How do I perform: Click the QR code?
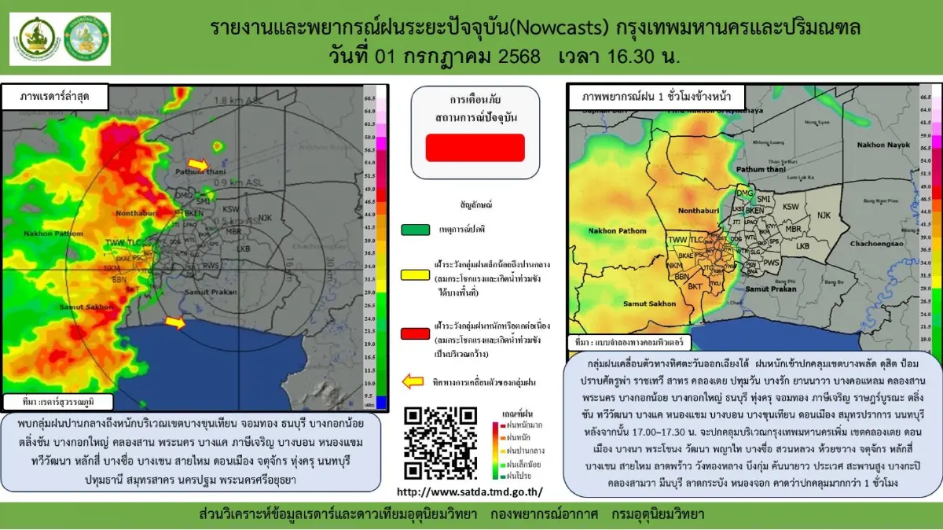pos(440,443)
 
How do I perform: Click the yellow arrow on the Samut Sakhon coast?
pos(175,322)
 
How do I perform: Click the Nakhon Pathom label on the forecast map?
pos(617,230)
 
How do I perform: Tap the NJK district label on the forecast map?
pos(824,215)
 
